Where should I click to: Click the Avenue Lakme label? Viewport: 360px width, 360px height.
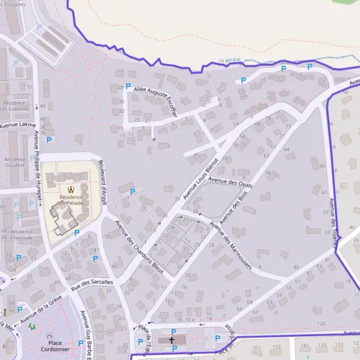[x=17, y=125]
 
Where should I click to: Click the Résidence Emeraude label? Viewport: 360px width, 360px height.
[x=21, y=235]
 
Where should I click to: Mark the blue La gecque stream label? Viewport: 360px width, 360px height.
[x=230, y=60]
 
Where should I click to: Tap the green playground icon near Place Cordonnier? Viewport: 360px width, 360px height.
[x=32, y=326]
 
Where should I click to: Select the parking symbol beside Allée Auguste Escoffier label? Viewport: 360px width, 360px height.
[x=128, y=86]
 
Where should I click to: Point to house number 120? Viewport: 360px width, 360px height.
[x=321, y=323]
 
